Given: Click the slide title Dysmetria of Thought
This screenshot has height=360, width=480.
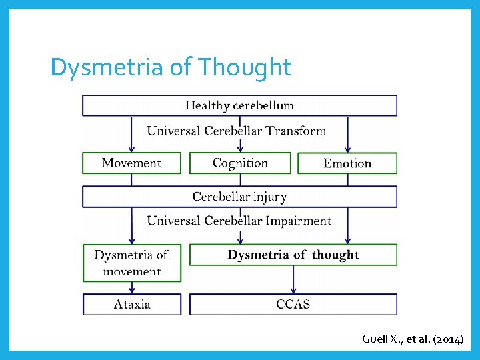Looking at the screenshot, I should coord(171,67).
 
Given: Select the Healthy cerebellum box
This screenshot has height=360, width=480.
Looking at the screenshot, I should coord(239,105).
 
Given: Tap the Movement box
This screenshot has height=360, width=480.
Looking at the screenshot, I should coord(131,163).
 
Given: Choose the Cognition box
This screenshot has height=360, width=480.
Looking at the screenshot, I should coord(240,163).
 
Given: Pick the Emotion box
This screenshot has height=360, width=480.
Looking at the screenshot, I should coord(347,163).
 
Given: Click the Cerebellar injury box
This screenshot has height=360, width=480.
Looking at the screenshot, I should coord(239,197).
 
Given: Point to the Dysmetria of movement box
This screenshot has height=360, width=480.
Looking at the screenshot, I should coord(131,263).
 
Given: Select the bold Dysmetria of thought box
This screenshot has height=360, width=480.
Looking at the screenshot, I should coord(293,255).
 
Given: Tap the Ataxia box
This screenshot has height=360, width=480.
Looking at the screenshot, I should coord(131,305).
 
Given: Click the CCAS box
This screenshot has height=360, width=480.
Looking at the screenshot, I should coord(293,305).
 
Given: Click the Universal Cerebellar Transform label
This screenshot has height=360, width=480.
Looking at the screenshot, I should coord(236,131).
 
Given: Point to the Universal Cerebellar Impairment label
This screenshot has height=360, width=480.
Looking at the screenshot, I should coord(239,221).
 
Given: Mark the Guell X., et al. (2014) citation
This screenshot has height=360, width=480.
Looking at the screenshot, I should coord(412,339).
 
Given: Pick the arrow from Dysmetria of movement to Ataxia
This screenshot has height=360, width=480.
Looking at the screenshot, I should coord(131,287).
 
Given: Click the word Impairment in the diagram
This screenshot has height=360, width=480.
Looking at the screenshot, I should coord(298,221).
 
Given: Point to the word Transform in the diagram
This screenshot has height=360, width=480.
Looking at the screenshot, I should coord(297,131).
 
